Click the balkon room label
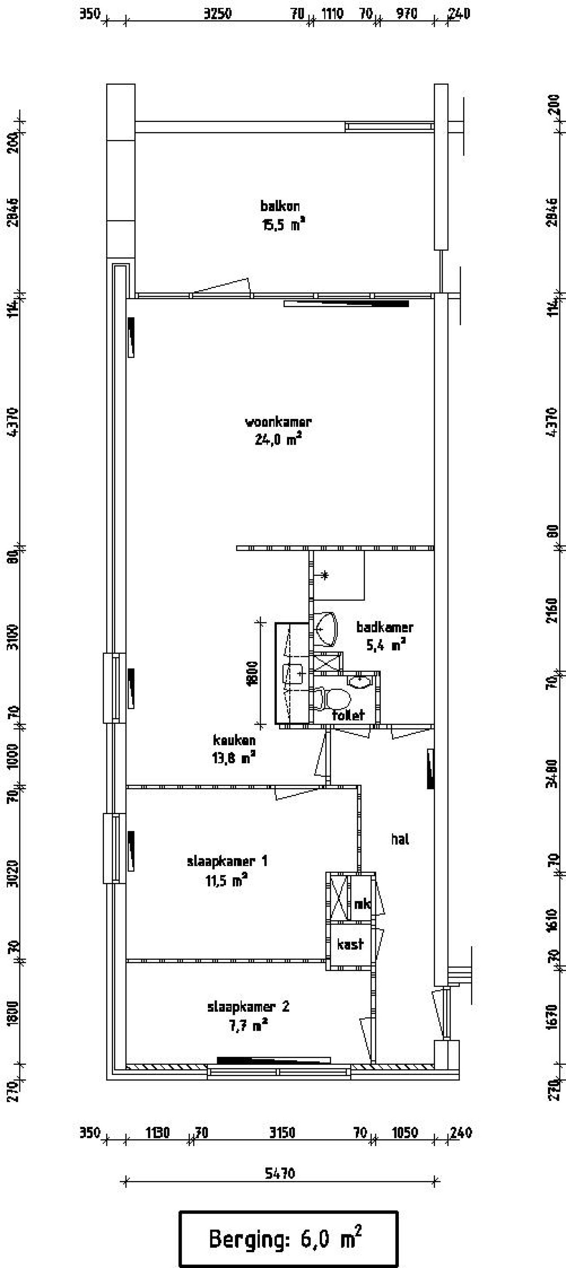(280, 206)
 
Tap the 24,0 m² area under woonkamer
(278, 439)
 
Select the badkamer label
(385, 627)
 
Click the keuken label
(234, 740)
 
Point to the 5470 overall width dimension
(280, 1173)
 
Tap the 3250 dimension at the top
(217, 14)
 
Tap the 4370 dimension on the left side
(13, 421)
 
